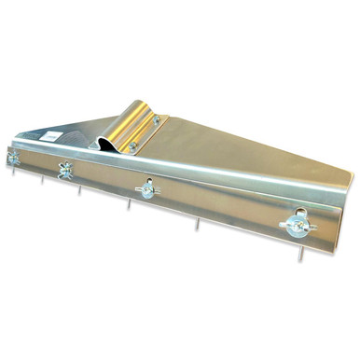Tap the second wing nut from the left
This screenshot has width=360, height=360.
[66, 172]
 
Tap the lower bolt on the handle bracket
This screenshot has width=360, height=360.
[133, 146]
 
